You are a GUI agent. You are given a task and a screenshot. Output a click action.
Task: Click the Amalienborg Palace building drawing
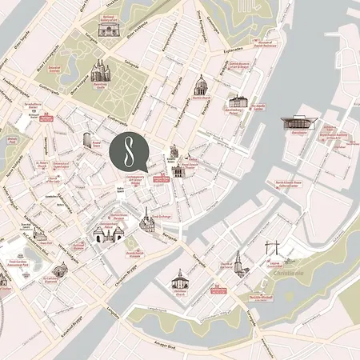tap(238, 102)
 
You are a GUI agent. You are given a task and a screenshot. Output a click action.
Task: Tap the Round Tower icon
tap(87, 141)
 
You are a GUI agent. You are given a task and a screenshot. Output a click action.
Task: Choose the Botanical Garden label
tap(54, 69)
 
